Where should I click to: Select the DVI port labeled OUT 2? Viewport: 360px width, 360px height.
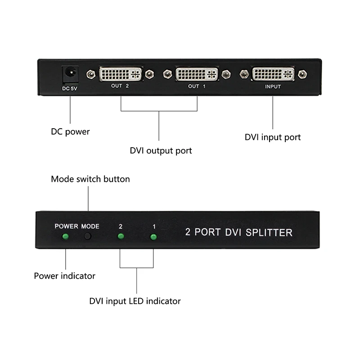tap(120, 73)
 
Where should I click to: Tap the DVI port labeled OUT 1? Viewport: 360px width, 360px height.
tap(197, 73)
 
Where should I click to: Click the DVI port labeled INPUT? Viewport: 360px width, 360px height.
tap(273, 73)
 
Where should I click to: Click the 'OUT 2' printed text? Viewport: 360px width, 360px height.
tap(120, 86)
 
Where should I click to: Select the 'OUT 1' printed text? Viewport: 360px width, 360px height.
tap(197, 86)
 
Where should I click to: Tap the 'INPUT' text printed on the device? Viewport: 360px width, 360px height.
tap(273, 86)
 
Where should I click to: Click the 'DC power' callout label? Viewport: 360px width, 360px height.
tap(70, 132)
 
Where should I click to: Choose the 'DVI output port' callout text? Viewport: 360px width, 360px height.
tap(161, 151)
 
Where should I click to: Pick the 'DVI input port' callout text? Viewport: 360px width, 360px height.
tap(273, 137)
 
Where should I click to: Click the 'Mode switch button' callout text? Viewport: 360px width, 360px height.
tap(90, 179)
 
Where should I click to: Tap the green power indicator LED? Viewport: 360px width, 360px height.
tap(66, 237)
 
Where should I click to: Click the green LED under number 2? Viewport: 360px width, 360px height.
tap(120, 237)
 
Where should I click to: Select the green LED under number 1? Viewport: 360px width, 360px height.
tap(153, 237)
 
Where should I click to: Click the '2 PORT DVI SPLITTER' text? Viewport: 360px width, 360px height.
tap(239, 233)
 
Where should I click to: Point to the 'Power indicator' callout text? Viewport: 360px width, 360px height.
tap(65, 275)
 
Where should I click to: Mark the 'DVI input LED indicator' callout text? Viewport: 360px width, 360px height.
tap(135, 301)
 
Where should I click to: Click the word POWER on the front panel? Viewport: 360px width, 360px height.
tap(67, 226)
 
